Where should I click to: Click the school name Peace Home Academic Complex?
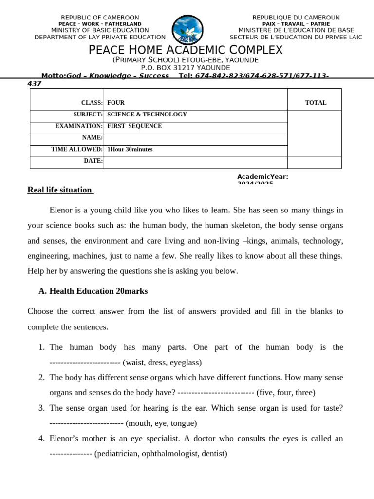pos(186,50)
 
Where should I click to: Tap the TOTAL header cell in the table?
pos(315,103)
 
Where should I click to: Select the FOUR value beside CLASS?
pos(116,103)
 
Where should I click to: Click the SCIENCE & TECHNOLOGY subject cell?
pos(147,115)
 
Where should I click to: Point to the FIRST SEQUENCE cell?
pos(134,126)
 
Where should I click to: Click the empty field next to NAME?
pos(195,138)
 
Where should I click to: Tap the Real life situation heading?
pos(59,190)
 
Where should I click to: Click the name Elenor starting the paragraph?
pos(61,211)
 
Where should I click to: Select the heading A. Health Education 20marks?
pos(93,291)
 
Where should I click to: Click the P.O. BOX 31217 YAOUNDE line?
pos(186,68)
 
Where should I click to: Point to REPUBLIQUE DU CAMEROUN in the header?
pos(296,18)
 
